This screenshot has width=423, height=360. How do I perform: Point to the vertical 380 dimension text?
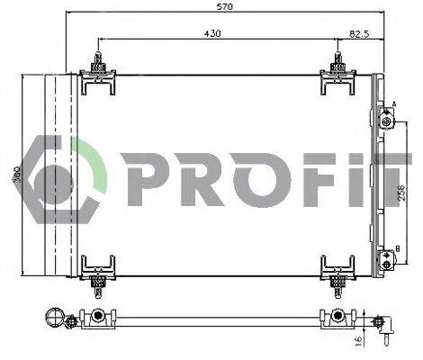tap(16, 174)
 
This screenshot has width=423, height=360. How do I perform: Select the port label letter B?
tap(397, 248)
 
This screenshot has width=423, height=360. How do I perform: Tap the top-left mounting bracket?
tap(98, 76)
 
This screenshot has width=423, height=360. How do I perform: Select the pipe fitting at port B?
tap(386, 260)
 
